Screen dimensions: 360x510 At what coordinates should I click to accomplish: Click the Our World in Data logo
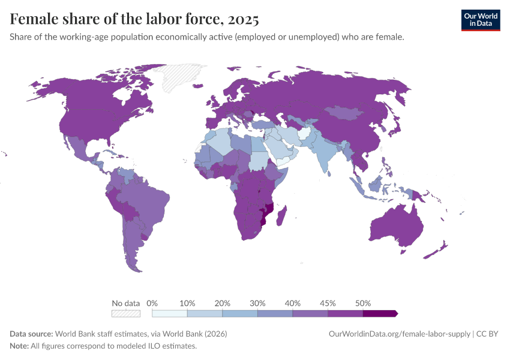click(x=480, y=20)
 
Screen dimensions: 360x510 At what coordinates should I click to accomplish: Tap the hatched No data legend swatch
click(x=126, y=313)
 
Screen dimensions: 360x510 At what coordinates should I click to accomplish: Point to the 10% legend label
click(x=187, y=303)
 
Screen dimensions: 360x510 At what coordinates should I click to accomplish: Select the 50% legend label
click(x=363, y=303)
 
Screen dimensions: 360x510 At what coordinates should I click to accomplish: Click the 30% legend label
click(x=257, y=303)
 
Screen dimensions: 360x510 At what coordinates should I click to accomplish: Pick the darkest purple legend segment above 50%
click(x=380, y=313)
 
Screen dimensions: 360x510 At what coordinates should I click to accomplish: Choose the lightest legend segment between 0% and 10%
click(x=170, y=313)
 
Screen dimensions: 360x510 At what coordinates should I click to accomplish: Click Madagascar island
click(x=281, y=216)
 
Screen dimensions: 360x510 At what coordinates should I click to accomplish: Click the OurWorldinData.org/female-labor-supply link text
click(x=400, y=334)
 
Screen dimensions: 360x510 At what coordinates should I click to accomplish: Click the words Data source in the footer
click(x=31, y=334)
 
